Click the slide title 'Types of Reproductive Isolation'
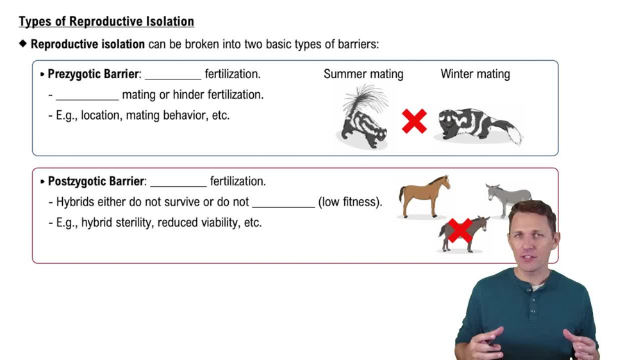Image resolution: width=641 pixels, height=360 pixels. tap(106, 21)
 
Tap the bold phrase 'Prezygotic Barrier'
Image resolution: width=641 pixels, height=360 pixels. tap(93, 74)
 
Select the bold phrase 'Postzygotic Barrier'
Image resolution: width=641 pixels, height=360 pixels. tap(96, 181)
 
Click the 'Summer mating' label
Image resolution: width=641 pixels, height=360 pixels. tap(363, 74)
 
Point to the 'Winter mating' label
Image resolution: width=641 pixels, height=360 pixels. tap(475, 74)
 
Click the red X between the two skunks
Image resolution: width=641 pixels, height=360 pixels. tap(414, 121)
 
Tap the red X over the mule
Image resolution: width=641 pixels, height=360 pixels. tap(460, 230)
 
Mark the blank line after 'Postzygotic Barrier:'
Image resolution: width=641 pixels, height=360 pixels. tap(178, 184)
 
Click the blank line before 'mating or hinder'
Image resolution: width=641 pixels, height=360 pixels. tap(87, 99)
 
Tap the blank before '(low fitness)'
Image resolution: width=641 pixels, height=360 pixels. tap(283, 206)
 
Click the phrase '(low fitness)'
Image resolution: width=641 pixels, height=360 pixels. tap(349, 202)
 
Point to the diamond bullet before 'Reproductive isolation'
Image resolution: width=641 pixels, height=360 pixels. tap(24, 44)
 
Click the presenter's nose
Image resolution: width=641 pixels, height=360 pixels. tap(531, 243)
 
